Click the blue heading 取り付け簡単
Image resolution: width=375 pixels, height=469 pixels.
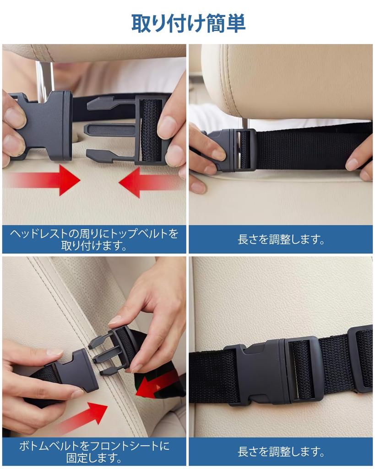point(188,23)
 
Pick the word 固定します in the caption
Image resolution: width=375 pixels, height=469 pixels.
point(94,458)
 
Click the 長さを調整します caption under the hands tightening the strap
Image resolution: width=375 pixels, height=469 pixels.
point(281,239)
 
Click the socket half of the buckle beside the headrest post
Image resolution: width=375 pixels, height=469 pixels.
point(43,125)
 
